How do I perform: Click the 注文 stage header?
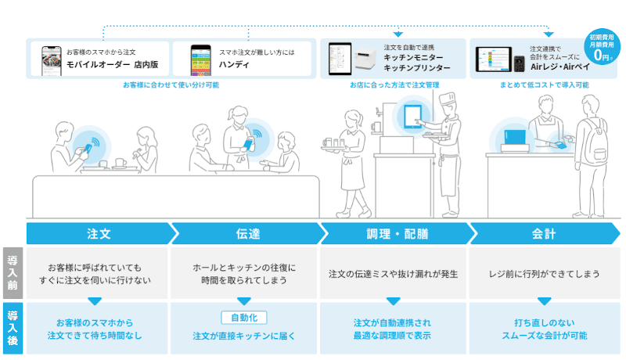pos(99,233)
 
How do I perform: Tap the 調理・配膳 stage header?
pos(397,233)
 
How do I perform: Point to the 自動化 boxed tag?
pos(244,318)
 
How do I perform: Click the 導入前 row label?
pos(13,273)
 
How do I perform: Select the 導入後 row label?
pos(13,329)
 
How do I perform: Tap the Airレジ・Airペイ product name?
pos(559,67)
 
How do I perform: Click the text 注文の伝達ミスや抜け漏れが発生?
pos(394,274)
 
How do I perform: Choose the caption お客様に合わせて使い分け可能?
pos(171,85)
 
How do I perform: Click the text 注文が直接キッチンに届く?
pos(244,336)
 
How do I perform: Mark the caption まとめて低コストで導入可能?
pos(544,85)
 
